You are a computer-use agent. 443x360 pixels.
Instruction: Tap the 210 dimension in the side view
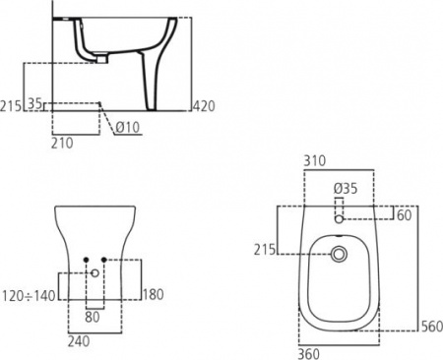pyautogui.click(x=63, y=143)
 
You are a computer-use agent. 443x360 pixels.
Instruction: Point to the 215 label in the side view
pyautogui.click(x=12, y=105)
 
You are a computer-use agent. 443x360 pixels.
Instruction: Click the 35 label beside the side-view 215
pyautogui.click(x=35, y=102)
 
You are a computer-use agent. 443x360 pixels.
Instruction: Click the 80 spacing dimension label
pyautogui.click(x=93, y=317)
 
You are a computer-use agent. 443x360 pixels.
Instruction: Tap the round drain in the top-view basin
pyautogui.click(x=341, y=255)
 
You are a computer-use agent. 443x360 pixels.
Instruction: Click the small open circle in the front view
pyautogui.click(x=95, y=273)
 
